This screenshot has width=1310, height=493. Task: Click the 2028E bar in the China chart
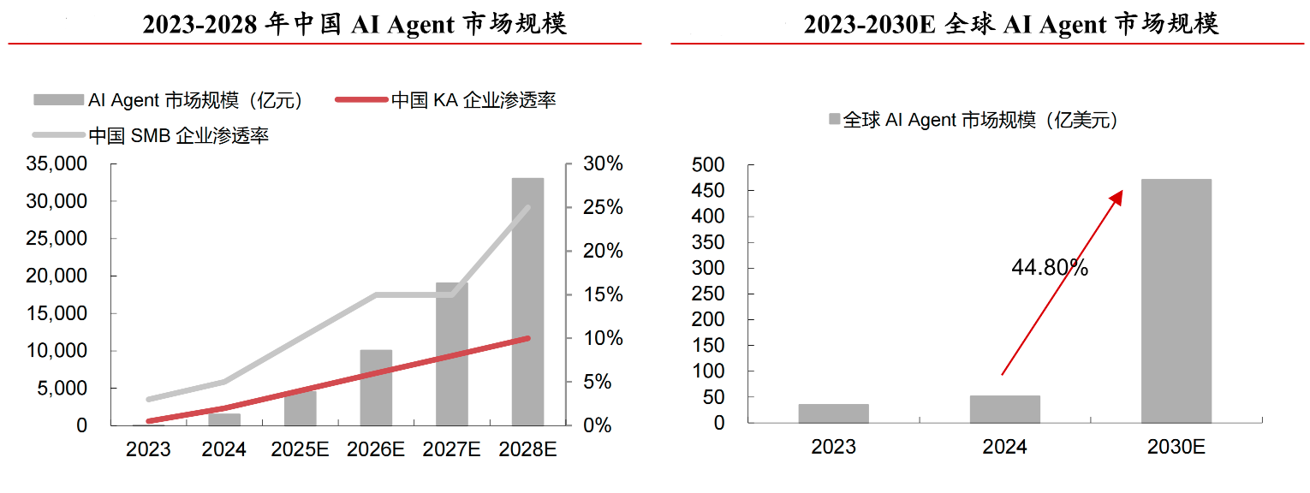[527, 301]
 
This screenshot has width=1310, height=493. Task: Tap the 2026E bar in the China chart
[376, 387]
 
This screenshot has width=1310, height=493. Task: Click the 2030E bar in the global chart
[1176, 300]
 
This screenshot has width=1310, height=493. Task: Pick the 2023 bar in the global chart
[833, 413]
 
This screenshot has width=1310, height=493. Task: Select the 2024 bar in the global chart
[1004, 409]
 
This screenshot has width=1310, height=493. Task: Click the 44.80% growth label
[1049, 268]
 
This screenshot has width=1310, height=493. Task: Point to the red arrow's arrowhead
[1116, 197]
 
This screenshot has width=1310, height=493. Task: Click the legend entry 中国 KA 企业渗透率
[473, 100]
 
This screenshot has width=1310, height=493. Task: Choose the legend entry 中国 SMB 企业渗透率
[178, 135]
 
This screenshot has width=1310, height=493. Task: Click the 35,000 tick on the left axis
[57, 163]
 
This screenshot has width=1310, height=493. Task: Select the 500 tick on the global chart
[708, 164]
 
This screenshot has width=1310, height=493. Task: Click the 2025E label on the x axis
[300, 449]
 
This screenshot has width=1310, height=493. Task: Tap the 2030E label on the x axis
[1176, 448]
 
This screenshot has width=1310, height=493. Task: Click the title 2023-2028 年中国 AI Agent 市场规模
[354, 25]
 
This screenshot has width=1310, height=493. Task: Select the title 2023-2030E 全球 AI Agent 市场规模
[1010, 25]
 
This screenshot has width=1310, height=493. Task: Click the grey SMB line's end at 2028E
[527, 208]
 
